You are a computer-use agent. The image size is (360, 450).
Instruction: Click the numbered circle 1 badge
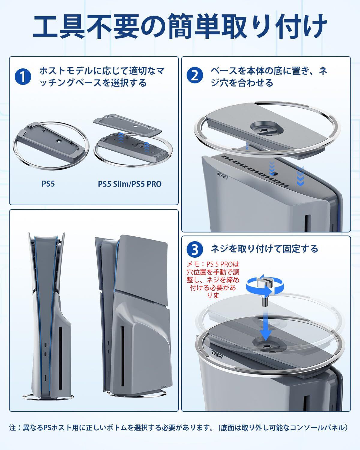23,76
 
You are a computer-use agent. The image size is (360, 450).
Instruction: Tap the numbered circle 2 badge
195,75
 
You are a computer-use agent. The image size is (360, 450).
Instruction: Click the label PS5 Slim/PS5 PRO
130,184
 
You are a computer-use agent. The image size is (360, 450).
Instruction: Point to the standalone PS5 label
48,184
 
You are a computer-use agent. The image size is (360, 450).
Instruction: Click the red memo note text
213,280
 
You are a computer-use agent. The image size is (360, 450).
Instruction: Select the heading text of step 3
264,249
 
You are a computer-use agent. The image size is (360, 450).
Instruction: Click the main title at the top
180,27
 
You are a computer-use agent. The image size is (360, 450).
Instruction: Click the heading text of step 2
269,77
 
